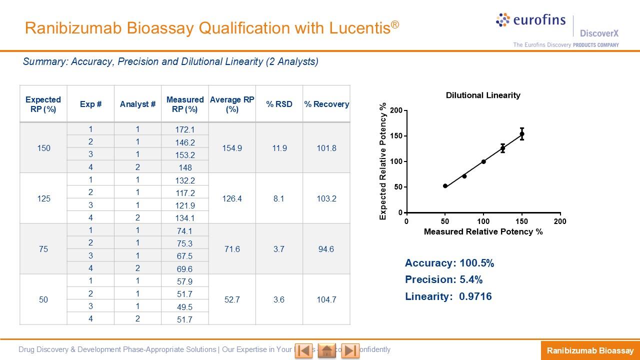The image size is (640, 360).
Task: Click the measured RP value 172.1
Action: pyautogui.click(x=184, y=130)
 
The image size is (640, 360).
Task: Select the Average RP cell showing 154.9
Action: pyautogui.click(x=232, y=148)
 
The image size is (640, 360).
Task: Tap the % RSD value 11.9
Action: pyautogui.click(x=279, y=148)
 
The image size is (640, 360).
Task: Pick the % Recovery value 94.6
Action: pyautogui.click(x=326, y=249)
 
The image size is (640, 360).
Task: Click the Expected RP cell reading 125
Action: pyautogui.click(x=43, y=198)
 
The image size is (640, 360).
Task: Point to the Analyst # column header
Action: pyautogui.click(x=137, y=104)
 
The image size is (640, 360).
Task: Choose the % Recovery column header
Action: pyautogui.click(x=326, y=104)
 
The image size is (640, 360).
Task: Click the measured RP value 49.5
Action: pyautogui.click(x=184, y=306)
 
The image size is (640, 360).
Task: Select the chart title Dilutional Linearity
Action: pyautogui.click(x=483, y=95)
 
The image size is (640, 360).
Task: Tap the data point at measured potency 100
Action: pyautogui.click(x=483, y=161)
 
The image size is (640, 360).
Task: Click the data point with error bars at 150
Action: pyautogui.click(x=522, y=133)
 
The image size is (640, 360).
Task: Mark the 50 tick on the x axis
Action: pyautogui.click(x=445, y=221)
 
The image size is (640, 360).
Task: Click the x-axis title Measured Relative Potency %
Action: pyautogui.click(x=483, y=232)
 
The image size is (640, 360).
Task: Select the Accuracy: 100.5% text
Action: pyautogui.click(x=449, y=263)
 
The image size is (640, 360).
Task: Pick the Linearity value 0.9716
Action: pyautogui.click(x=475, y=296)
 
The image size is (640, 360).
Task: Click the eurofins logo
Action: pyautogui.click(x=531, y=20)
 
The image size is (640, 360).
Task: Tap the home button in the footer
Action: pyautogui.click(x=327, y=350)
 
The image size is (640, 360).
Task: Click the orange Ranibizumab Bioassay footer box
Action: pyautogui.click(x=590, y=350)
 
